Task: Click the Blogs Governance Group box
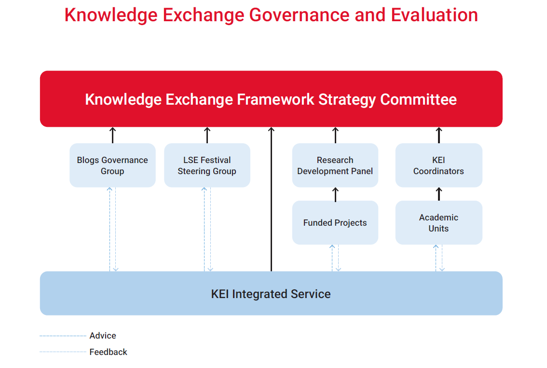click(112, 165)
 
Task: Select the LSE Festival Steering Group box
click(207, 165)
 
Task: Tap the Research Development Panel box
click(335, 165)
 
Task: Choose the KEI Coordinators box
click(438, 165)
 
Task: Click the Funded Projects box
click(335, 223)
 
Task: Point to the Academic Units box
click(438, 223)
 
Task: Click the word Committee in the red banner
click(418, 99)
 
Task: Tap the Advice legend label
click(103, 336)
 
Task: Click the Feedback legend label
click(109, 352)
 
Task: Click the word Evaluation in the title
click(434, 15)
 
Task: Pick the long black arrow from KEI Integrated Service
click(271, 203)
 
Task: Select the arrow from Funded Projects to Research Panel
click(336, 194)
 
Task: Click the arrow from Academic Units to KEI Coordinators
click(439, 194)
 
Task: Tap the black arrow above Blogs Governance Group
click(113, 136)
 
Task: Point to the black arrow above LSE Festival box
click(207, 136)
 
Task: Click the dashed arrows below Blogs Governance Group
click(113, 229)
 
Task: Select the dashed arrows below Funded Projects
click(335, 258)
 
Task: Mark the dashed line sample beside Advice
click(63, 336)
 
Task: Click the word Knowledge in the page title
click(111, 15)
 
